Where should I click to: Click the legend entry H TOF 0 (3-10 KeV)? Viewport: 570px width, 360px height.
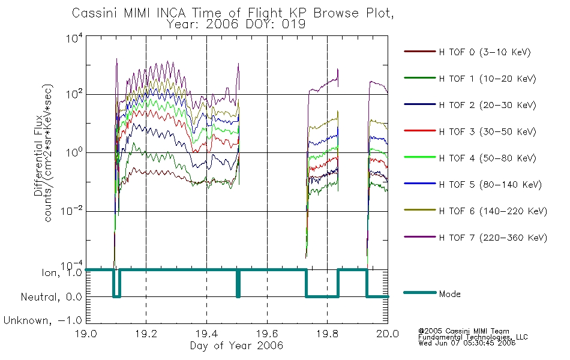(467, 52)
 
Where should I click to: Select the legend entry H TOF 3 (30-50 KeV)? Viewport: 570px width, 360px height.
(470, 131)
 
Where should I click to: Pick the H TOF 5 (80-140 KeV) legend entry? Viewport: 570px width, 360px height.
(473, 185)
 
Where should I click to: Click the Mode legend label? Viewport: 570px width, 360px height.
(449, 294)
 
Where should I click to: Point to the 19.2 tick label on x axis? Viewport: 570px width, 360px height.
(146, 334)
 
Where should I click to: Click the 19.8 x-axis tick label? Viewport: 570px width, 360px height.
(327, 334)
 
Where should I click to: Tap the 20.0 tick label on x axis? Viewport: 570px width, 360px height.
(388, 334)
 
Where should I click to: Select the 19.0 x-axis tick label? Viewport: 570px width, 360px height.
(86, 334)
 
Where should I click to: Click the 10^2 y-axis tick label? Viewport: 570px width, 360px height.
(75, 94)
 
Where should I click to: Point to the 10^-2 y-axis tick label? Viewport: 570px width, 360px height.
(72, 211)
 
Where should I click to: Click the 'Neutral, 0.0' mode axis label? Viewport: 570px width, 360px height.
(51, 297)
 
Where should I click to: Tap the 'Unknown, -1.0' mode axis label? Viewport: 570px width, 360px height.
(43, 320)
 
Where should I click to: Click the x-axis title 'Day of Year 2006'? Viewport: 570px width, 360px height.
(236, 346)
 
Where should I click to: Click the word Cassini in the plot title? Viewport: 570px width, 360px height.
(95, 13)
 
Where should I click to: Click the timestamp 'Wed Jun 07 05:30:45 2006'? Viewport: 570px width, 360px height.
(467, 343)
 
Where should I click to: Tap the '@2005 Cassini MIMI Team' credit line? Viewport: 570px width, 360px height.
(463, 331)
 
